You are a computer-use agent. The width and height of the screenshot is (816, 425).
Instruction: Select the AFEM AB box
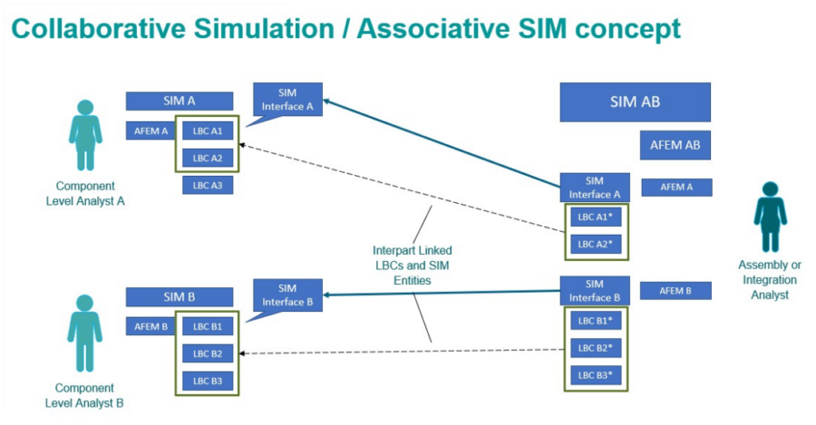click(x=675, y=145)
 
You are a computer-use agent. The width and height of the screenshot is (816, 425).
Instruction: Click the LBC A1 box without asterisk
click(x=208, y=131)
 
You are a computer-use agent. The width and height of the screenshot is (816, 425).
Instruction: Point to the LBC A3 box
click(x=208, y=185)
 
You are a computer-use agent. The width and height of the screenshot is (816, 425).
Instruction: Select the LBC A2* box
click(x=595, y=244)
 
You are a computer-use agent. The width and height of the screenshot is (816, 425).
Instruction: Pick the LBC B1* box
click(x=595, y=321)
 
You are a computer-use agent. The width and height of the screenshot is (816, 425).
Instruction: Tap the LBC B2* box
click(x=595, y=347)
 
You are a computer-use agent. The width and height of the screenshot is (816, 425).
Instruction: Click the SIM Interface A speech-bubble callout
click(x=287, y=100)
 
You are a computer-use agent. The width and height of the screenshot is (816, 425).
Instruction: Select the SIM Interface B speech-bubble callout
click(x=287, y=295)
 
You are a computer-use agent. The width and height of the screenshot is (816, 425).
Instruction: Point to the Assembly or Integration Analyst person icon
click(x=770, y=216)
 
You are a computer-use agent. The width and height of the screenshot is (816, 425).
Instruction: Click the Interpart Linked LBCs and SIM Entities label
click(x=412, y=266)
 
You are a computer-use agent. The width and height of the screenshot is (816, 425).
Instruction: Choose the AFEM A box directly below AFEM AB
click(x=676, y=188)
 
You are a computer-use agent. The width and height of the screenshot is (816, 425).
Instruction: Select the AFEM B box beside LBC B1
click(x=147, y=326)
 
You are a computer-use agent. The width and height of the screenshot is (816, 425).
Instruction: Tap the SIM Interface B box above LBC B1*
click(x=595, y=290)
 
